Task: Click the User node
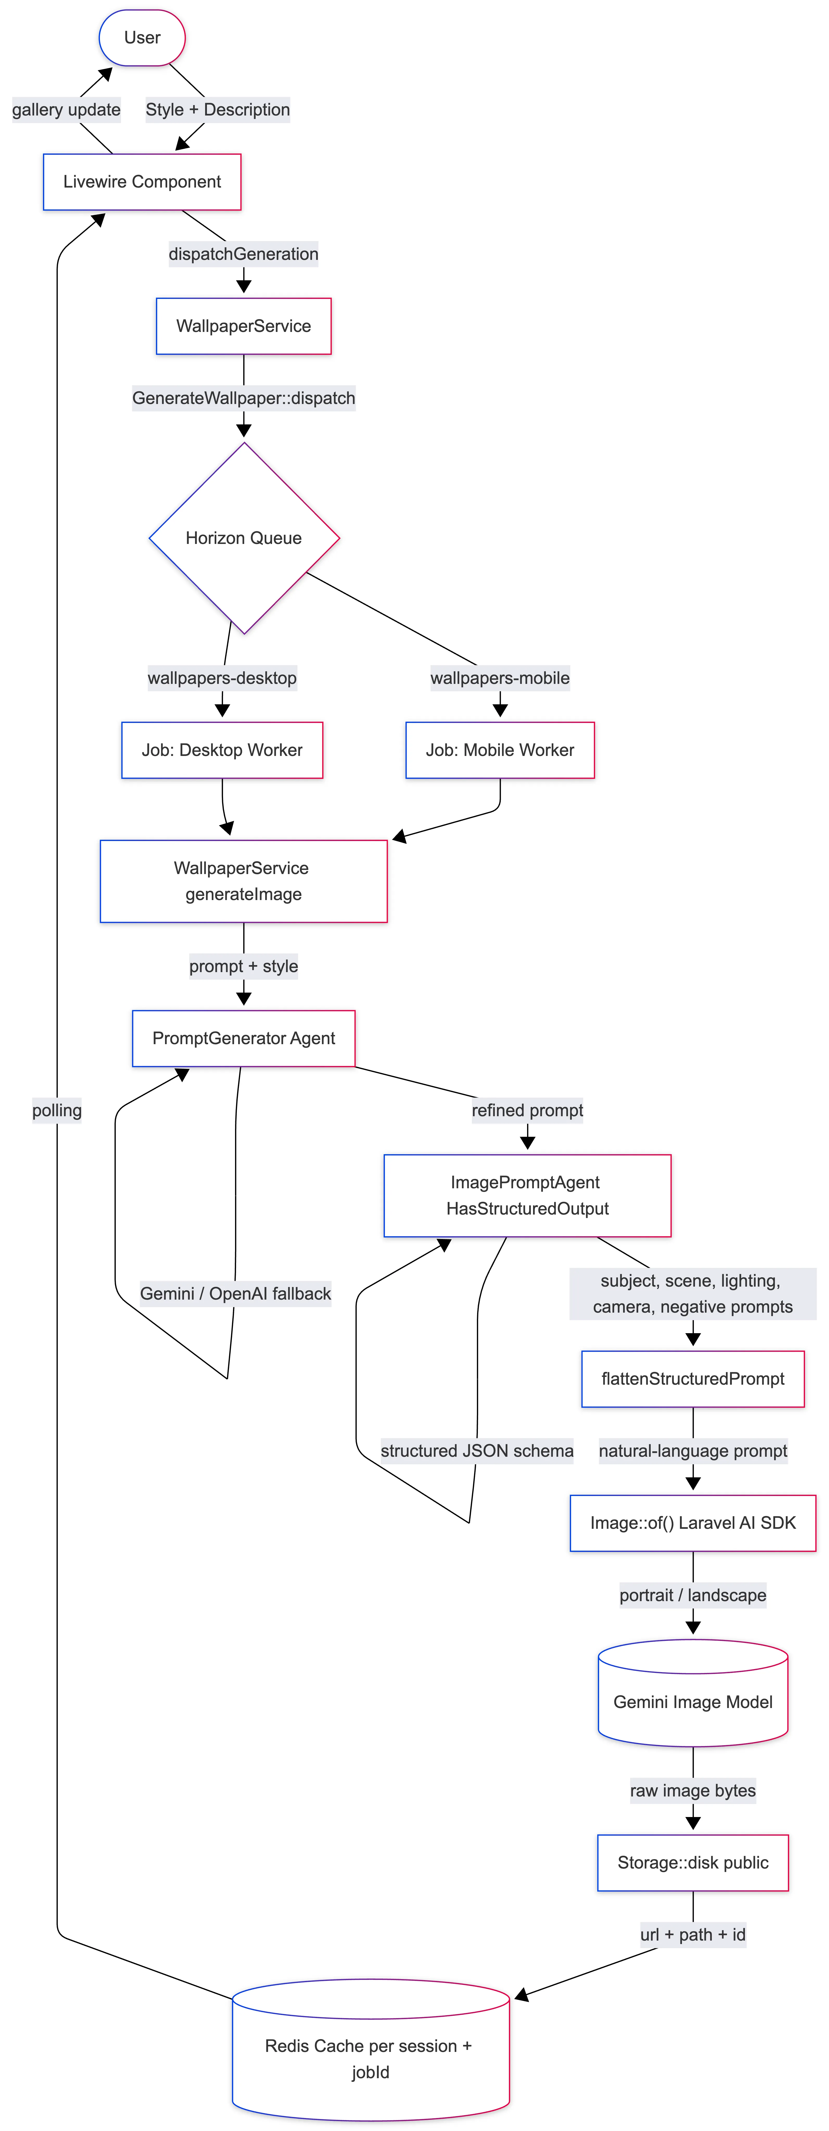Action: click(142, 37)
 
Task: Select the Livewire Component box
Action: click(142, 182)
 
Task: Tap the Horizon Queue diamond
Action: click(244, 538)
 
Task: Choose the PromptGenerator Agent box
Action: click(243, 1038)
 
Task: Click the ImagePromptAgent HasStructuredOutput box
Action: click(527, 1195)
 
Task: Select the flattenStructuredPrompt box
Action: click(693, 1378)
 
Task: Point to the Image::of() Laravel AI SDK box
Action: click(693, 1523)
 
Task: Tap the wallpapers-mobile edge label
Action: click(500, 678)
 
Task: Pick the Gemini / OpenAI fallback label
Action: click(235, 1294)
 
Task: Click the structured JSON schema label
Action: click(477, 1451)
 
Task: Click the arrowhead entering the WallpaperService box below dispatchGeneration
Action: click(243, 286)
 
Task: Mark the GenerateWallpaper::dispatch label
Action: click(243, 398)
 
